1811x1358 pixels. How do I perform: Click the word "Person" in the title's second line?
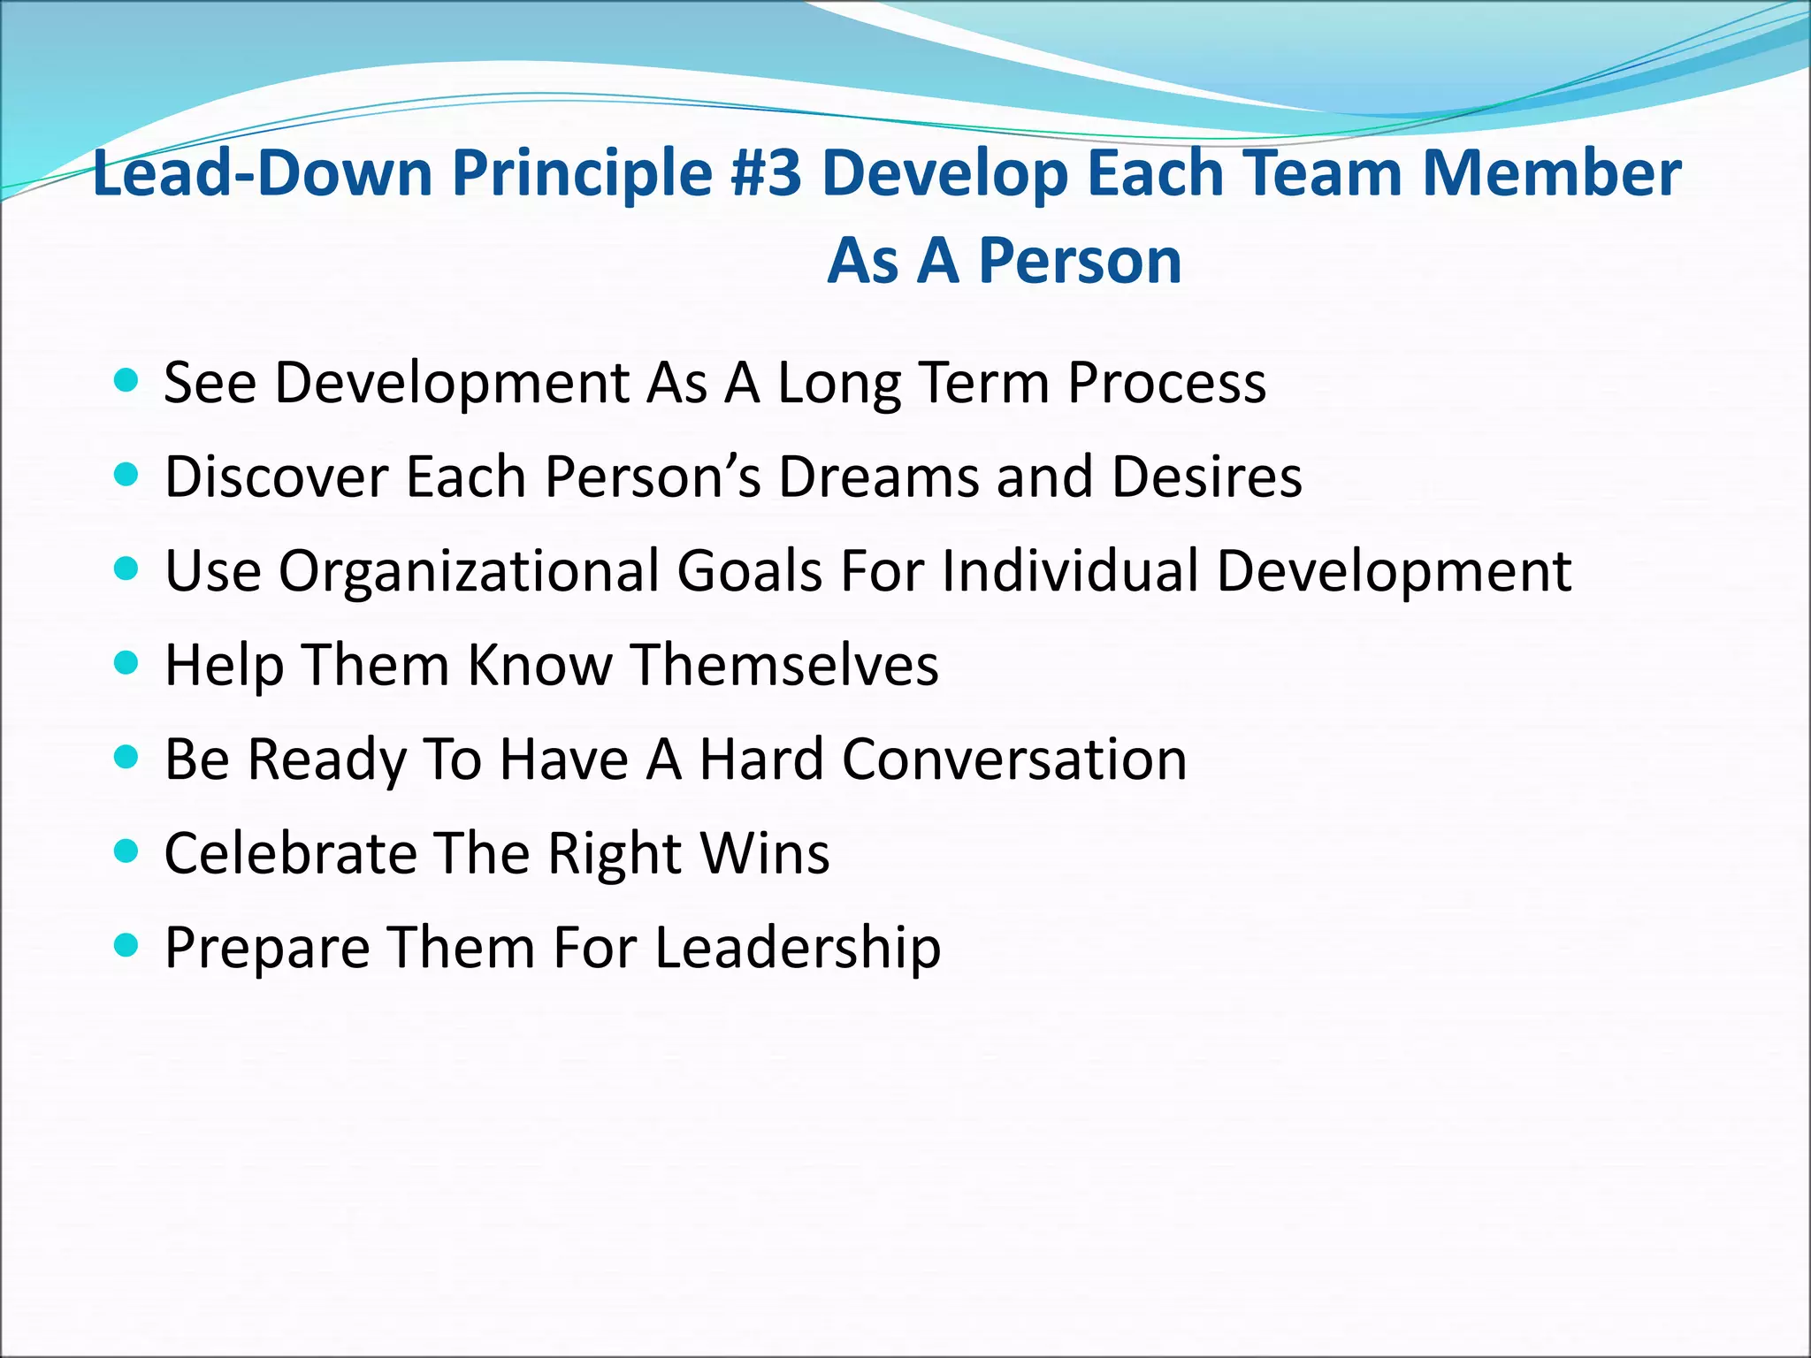(1081, 262)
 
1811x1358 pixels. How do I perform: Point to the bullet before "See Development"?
(127, 381)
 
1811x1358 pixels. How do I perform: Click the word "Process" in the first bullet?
(1166, 384)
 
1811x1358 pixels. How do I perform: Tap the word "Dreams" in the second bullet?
(878, 477)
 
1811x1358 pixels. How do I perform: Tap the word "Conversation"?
(1014, 759)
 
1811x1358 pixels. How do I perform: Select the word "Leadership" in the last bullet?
(798, 949)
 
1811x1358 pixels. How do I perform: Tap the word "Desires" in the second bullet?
(1207, 477)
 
